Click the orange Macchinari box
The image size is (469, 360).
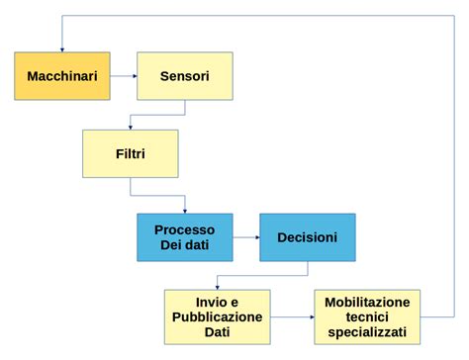coord(61,76)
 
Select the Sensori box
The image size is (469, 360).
coord(184,76)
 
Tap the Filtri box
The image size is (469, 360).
coord(131,153)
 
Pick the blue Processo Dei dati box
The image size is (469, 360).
coord(185,237)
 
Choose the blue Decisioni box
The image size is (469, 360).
coord(307,237)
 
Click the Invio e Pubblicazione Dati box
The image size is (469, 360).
coord(217,316)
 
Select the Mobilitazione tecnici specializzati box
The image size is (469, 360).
coord(367,316)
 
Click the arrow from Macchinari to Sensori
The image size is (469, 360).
coord(122,76)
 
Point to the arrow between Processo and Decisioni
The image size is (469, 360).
coord(246,237)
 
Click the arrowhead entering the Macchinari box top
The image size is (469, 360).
coord(61,47)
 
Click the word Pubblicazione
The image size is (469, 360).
coord(217,316)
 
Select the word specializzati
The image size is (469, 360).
coord(367,332)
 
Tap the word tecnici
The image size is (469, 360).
coord(367,316)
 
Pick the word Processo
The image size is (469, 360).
coord(185,229)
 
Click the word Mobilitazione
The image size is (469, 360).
coord(367,301)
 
